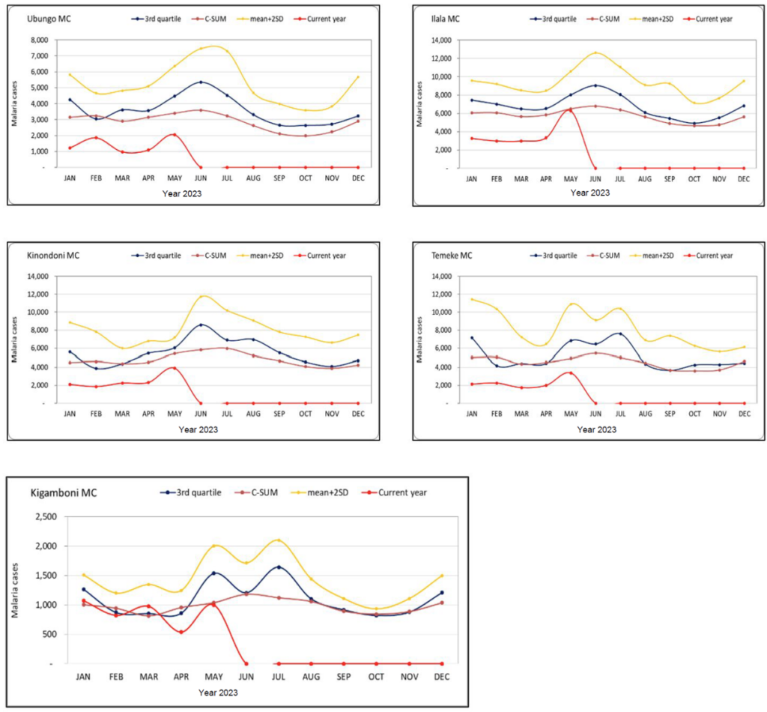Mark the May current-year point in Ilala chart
coord(570,109)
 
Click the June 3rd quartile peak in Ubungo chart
coord(200,82)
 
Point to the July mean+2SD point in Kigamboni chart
coord(279,540)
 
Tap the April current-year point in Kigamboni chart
coord(181,632)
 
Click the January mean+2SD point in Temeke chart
coord(471,299)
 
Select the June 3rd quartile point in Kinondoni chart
coord(200,325)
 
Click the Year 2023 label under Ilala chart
coord(589,193)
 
